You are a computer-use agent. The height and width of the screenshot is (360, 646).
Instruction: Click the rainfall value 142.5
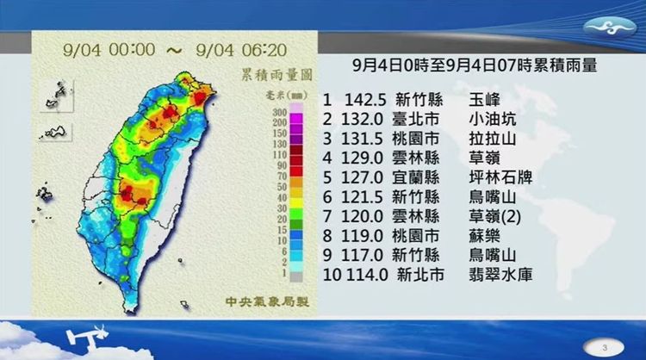(x=363, y=99)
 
